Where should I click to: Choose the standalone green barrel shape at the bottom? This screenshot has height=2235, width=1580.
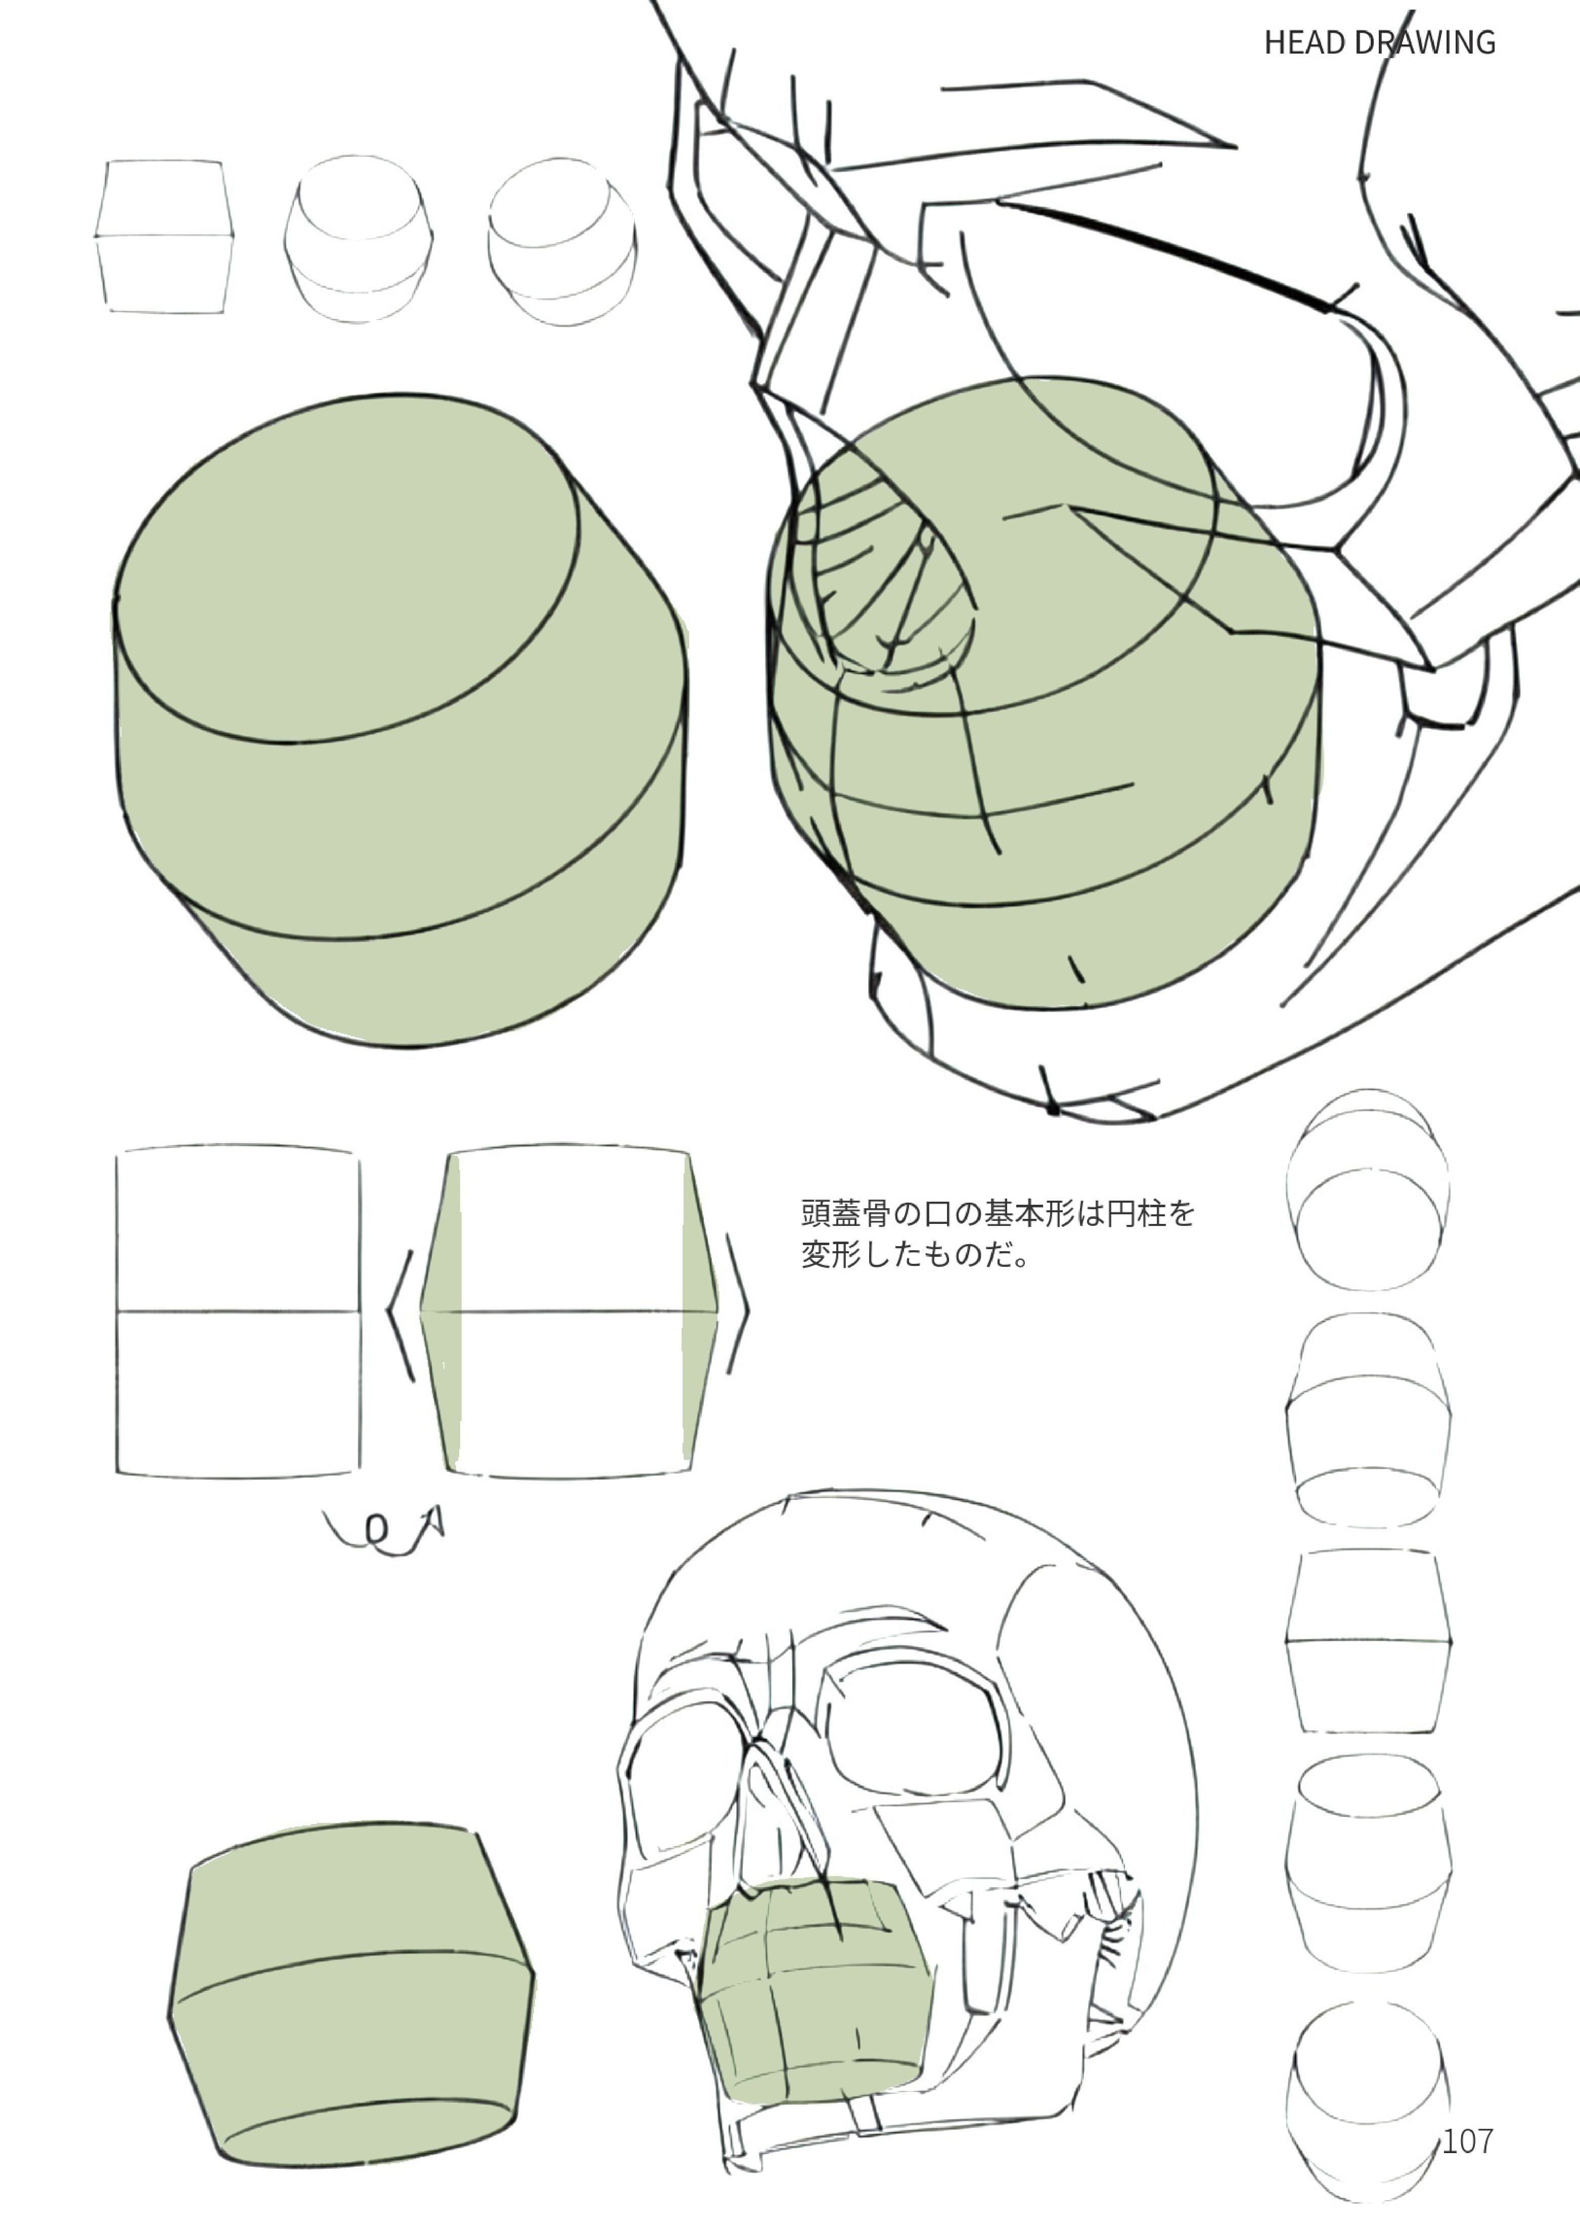point(350,1995)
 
